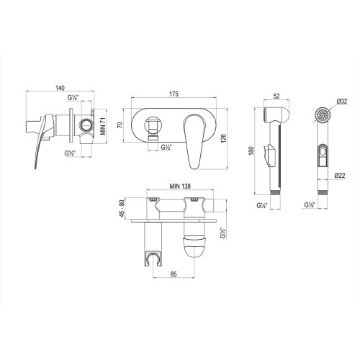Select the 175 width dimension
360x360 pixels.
point(174,94)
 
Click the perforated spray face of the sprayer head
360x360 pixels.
point(323,114)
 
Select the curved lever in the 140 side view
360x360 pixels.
point(38,144)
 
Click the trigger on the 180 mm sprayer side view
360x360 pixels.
point(270,153)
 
